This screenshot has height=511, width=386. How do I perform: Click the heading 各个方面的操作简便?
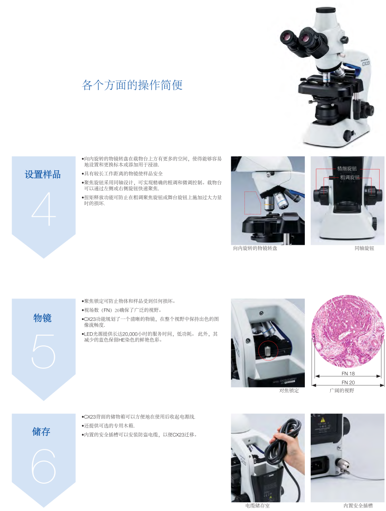point(132,85)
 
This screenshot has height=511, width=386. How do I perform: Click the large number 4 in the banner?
point(43,209)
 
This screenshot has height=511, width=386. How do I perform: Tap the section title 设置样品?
point(43,174)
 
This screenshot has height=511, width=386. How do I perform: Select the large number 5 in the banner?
point(43,351)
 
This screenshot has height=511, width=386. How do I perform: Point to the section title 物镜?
point(43,318)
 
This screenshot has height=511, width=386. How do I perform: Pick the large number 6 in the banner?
point(43,466)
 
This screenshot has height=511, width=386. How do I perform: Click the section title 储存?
point(41,431)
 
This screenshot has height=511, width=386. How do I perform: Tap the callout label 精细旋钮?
point(347,169)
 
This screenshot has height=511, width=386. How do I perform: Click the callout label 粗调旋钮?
point(350,177)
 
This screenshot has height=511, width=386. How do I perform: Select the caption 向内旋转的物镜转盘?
point(255,248)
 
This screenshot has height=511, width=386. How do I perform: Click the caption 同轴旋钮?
point(364,248)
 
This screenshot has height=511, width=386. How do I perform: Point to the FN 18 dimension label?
point(348,373)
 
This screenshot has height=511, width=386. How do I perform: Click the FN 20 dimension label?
point(348,382)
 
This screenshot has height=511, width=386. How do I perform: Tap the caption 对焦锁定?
point(289,390)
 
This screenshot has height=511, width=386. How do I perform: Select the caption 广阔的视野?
point(342,390)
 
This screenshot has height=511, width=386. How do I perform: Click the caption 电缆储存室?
point(257,506)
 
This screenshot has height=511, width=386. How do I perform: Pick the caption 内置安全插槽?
point(358,506)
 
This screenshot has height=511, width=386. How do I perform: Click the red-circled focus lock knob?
point(268,351)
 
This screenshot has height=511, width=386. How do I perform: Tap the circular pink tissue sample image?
point(347,332)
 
